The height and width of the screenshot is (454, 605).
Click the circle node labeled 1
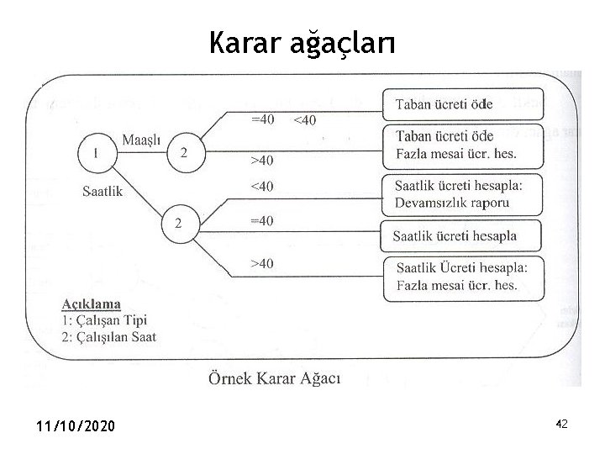coord(97,153)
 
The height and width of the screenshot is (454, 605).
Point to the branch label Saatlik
coord(103,191)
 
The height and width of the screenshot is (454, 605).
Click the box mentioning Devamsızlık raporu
coord(461,193)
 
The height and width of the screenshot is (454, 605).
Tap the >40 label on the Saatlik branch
coord(262,264)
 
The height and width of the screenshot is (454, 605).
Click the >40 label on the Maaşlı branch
coord(262,160)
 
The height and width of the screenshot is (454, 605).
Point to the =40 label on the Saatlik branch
coord(262,220)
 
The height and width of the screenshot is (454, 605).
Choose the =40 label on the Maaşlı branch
coord(262,119)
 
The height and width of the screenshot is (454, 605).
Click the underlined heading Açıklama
coord(91,304)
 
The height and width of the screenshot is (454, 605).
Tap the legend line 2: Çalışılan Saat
coord(108,336)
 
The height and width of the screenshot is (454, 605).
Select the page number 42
coord(561,425)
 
